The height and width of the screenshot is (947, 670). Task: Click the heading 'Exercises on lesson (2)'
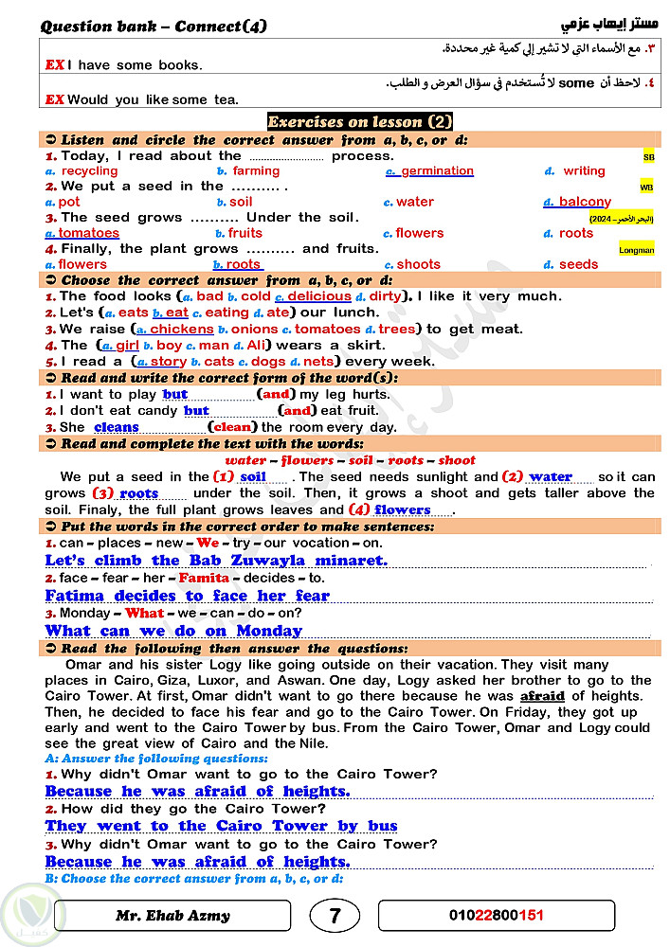(x=359, y=121)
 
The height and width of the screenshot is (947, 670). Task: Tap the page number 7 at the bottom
(x=334, y=916)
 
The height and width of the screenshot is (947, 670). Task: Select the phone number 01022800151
(x=496, y=916)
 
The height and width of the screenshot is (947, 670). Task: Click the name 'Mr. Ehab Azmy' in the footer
(x=172, y=916)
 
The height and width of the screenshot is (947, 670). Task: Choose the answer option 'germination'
(x=436, y=171)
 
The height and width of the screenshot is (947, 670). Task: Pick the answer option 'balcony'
(x=585, y=202)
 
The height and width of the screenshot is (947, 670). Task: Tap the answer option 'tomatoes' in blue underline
(x=88, y=233)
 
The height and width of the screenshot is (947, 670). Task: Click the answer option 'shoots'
(x=418, y=264)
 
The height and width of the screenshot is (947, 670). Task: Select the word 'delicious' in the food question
(x=318, y=296)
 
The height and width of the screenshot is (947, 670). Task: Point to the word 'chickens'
(x=181, y=329)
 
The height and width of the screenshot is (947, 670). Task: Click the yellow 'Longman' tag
(x=635, y=250)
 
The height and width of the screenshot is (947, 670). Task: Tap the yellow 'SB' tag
(x=648, y=157)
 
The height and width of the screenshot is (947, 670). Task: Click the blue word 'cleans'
(x=117, y=427)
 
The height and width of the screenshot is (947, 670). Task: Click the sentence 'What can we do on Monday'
(x=173, y=631)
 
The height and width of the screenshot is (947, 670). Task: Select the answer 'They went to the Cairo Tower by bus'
(x=221, y=826)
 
